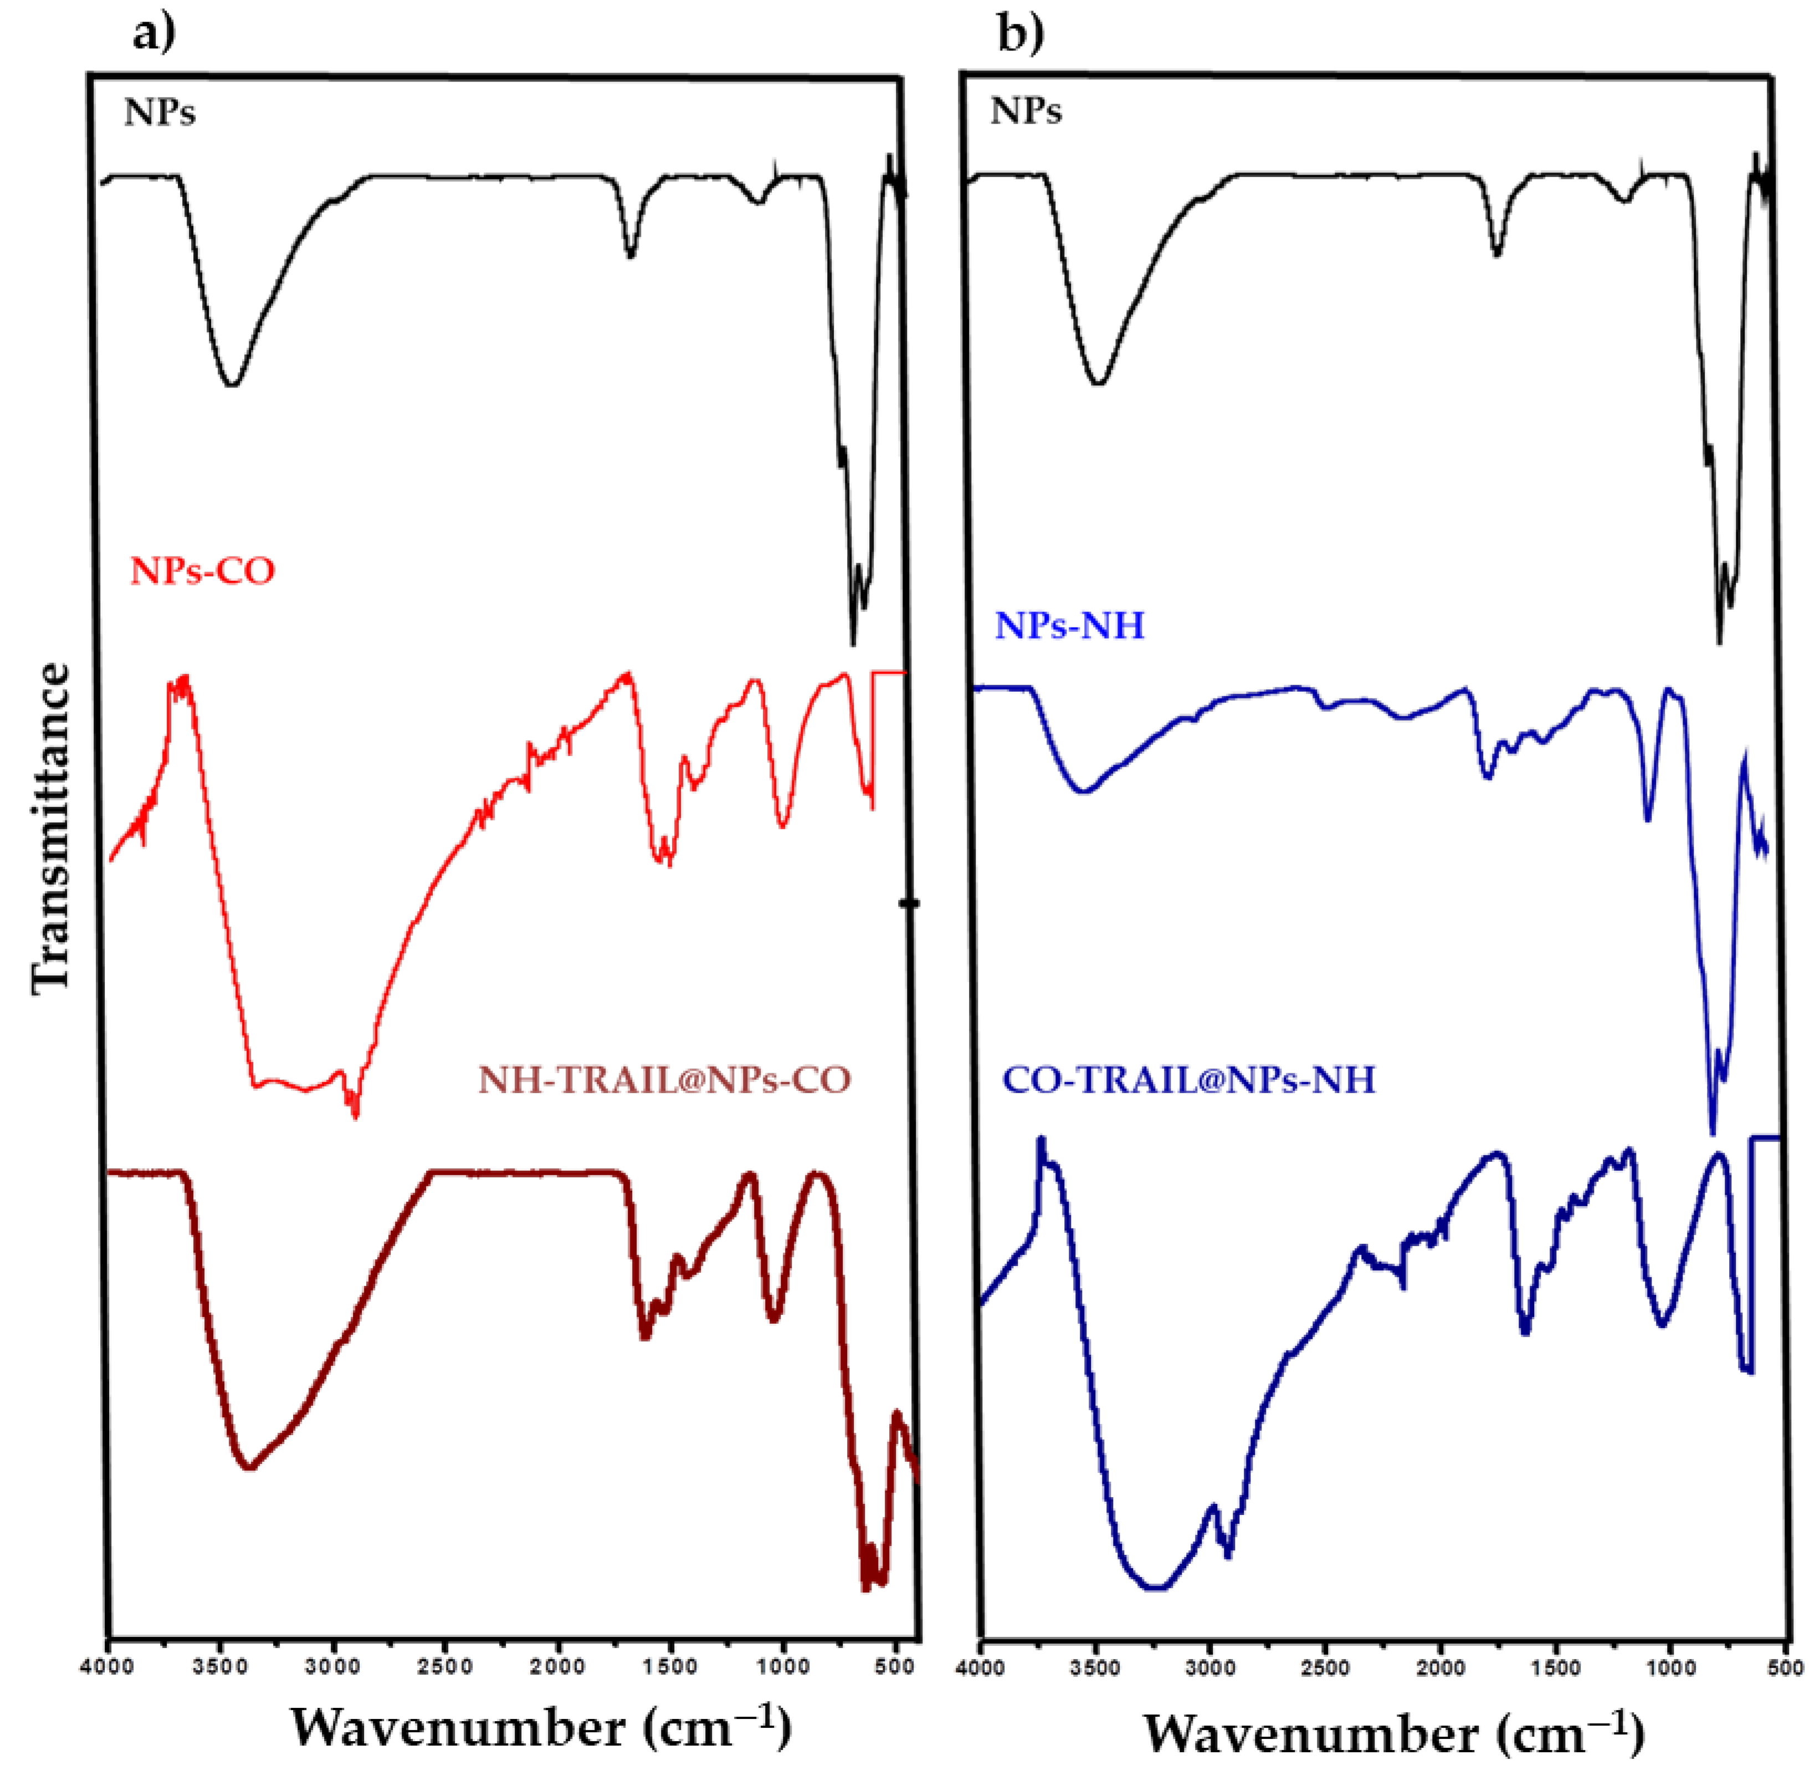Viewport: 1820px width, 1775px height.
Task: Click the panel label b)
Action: [x=1022, y=35]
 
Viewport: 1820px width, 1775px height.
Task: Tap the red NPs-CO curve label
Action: [x=202, y=570]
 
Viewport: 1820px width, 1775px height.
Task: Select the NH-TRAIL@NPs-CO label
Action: [x=664, y=1079]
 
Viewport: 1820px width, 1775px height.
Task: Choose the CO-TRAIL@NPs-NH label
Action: [x=1188, y=1079]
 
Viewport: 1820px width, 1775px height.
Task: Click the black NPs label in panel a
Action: [x=160, y=113]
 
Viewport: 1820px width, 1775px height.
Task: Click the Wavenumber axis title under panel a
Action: [x=541, y=1727]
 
